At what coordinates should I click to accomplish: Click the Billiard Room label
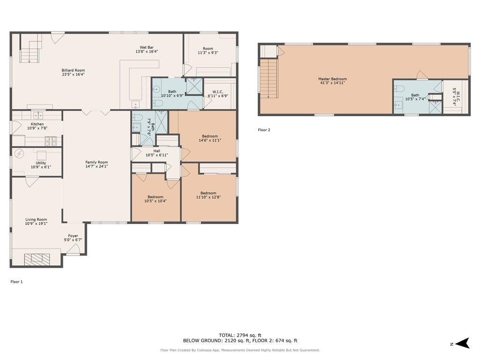[73, 70]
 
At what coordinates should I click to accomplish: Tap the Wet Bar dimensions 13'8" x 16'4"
[147, 52]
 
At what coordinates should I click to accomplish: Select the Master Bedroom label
[332, 79]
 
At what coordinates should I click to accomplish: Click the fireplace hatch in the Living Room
[37, 259]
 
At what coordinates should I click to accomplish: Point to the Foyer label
[73, 236]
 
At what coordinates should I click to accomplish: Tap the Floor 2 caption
[264, 130]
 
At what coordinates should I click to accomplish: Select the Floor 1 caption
[16, 282]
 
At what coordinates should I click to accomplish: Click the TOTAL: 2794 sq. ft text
[240, 335]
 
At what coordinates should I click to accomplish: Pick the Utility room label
[41, 163]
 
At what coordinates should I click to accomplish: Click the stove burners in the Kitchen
[51, 141]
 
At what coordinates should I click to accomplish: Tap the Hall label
[157, 151]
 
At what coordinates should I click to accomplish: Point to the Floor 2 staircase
[269, 79]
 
